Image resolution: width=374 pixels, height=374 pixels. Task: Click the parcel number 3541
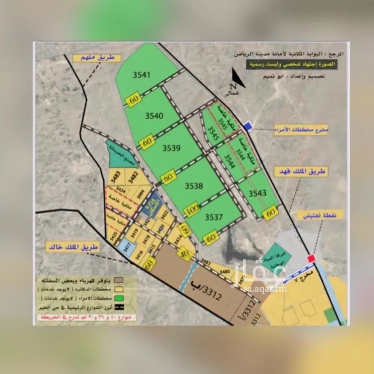(x=141, y=75)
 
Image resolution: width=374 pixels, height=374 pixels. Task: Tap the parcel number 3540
(x=154, y=116)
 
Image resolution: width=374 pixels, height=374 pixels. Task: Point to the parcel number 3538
(x=193, y=186)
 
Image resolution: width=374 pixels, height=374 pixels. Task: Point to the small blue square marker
(x=248, y=127)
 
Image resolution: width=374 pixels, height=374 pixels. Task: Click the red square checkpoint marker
(x=312, y=258)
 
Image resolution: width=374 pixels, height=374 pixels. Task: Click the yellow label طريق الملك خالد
(x=72, y=247)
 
